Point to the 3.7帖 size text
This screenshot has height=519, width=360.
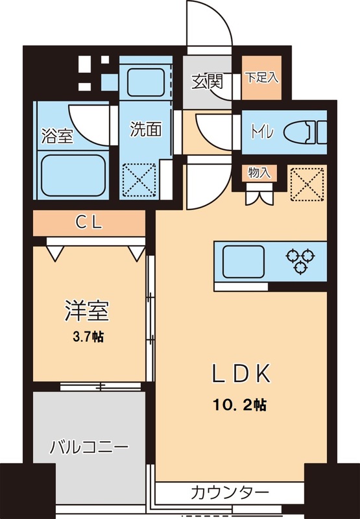[86, 337]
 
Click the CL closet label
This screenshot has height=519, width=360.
[89, 223]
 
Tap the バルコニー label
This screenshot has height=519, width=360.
[90, 447]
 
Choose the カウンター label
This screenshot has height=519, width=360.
[230, 491]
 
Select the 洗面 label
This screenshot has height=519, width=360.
[145, 129]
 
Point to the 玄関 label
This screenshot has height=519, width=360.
[208, 82]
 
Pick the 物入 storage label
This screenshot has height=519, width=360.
[259, 173]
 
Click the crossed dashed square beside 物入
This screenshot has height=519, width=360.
[306, 183]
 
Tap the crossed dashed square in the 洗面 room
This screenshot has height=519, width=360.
[139, 178]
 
